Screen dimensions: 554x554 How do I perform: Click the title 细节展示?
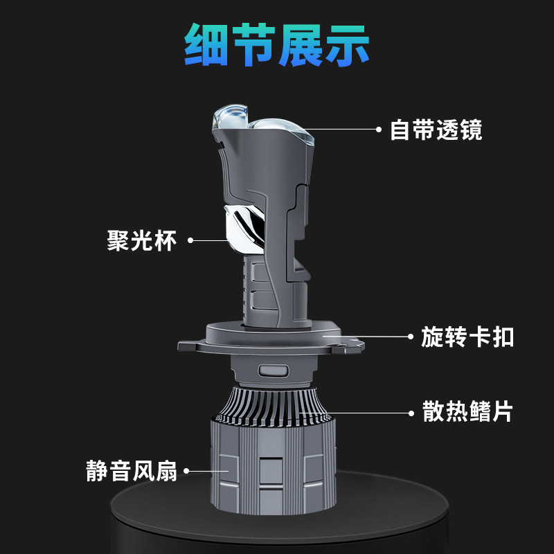click(x=277, y=46)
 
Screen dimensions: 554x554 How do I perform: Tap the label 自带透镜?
click(x=436, y=129)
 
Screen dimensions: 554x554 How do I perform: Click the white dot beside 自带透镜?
click(x=379, y=129)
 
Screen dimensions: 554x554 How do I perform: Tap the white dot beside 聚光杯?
click(x=191, y=241)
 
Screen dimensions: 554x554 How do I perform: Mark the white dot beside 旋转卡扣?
click(x=410, y=337)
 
